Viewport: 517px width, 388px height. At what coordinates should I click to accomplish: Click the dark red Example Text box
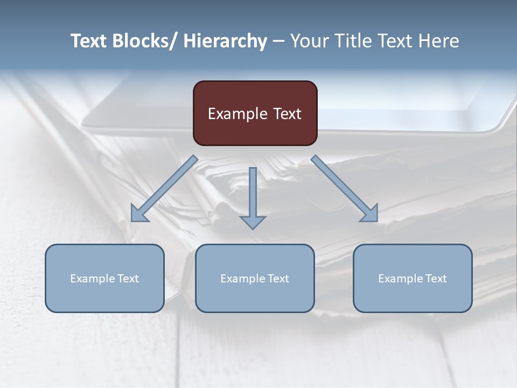pos(255,113)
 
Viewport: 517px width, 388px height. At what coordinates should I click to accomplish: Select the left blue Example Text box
pos(104,278)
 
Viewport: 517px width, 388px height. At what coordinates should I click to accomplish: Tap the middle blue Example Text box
pos(255,278)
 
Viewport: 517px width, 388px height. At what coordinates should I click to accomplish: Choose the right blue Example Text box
pos(413,278)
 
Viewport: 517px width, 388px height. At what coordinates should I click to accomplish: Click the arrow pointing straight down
pos(253,197)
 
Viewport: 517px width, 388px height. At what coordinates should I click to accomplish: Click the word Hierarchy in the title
pos(225,41)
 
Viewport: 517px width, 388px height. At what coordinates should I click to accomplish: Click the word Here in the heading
pos(439,41)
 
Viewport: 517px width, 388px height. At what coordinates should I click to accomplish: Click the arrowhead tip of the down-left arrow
pos(132,220)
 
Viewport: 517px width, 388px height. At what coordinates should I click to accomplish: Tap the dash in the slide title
pos(278,41)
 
